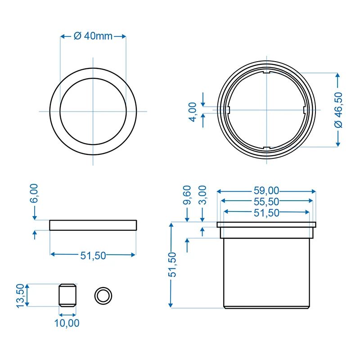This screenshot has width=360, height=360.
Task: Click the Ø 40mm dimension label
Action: pyautogui.click(x=93, y=36)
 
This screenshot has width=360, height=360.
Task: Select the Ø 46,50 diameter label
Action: pyautogui.click(x=338, y=110)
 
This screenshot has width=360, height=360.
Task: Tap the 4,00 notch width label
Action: pyautogui.click(x=193, y=112)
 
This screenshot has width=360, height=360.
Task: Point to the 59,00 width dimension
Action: pyautogui.click(x=266, y=190)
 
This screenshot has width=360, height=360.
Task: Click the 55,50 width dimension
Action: pyautogui.click(x=266, y=202)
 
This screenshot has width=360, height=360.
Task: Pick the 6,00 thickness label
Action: pyautogui.click(x=34, y=193)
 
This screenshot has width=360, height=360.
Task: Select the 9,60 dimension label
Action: pyautogui.click(x=187, y=195)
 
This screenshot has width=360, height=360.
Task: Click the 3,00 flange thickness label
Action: pyautogui.click(x=202, y=195)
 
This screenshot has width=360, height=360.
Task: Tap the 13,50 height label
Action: pyautogui.click(x=20, y=296)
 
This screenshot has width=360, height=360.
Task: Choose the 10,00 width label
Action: pyautogui.click(x=67, y=323)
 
